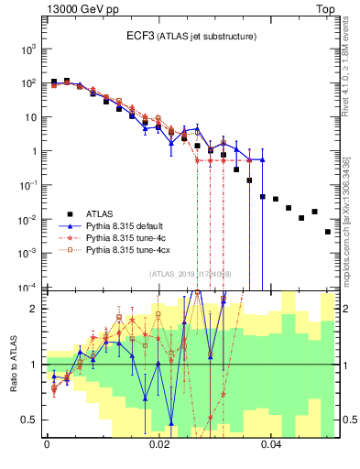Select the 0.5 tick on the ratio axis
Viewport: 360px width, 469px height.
point(32,420)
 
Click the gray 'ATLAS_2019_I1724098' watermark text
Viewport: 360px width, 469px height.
point(191,273)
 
